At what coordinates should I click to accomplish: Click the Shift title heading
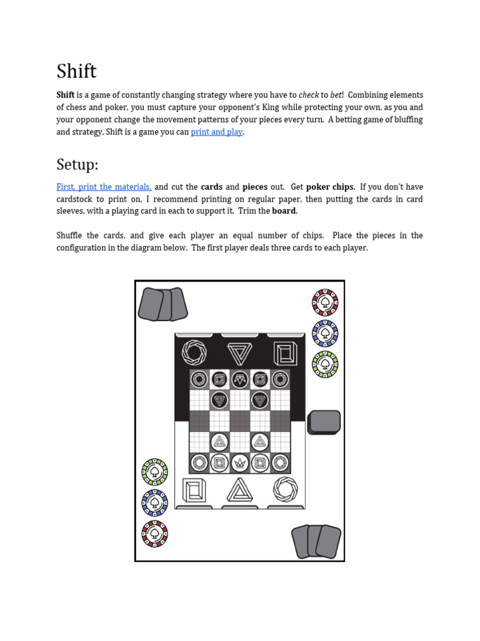[76, 71]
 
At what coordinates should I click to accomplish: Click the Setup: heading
[77, 165]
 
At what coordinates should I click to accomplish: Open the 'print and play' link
[217, 131]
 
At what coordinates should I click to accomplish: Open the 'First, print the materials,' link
[104, 187]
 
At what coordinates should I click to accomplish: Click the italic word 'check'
[309, 95]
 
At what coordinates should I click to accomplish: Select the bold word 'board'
[284, 211]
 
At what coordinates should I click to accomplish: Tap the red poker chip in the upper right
[325, 302]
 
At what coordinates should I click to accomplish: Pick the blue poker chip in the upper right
[325, 334]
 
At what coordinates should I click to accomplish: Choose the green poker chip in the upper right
[325, 364]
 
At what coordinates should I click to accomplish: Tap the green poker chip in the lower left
[155, 472]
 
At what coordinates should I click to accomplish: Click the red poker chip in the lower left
[155, 533]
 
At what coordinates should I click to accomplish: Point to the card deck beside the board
[324, 423]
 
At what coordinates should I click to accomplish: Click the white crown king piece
[239, 463]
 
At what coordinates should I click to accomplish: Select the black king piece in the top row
[239, 379]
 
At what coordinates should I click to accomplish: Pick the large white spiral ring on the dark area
[194, 352]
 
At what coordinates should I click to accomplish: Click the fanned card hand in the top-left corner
[163, 304]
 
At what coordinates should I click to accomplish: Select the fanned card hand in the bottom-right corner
[316, 541]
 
